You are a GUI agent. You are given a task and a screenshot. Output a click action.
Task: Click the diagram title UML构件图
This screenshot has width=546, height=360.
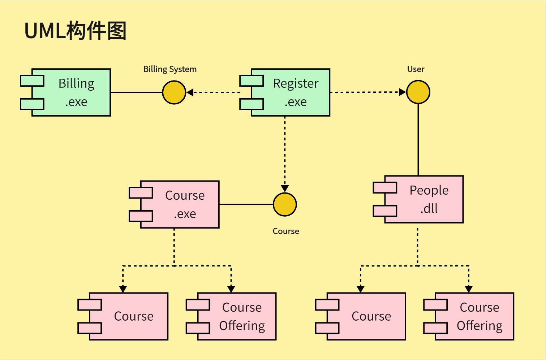(75, 31)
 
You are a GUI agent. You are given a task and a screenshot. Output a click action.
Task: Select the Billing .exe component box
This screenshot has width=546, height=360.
(71, 92)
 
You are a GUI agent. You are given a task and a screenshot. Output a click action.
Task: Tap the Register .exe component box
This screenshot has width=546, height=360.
(291, 92)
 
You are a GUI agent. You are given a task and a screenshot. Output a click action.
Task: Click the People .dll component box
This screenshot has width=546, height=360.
(424, 199)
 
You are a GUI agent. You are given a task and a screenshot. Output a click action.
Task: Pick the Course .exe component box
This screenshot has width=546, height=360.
(180, 204)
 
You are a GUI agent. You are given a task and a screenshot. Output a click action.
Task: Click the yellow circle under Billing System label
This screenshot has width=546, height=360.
(174, 92)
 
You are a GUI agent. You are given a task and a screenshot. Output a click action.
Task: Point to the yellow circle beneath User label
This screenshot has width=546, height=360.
(418, 92)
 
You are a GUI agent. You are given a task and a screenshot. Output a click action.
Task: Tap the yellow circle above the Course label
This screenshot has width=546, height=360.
(285, 204)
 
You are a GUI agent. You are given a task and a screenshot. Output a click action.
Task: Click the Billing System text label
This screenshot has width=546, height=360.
(170, 69)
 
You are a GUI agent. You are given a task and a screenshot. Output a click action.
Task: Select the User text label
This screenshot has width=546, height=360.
(416, 69)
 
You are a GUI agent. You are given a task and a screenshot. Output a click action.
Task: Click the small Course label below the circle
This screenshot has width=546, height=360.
(285, 231)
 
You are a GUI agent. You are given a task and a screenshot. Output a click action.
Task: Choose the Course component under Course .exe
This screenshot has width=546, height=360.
(128, 316)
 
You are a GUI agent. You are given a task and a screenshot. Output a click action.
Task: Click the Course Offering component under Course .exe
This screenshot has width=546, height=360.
(237, 316)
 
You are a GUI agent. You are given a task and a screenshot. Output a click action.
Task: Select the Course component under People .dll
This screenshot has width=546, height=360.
(366, 316)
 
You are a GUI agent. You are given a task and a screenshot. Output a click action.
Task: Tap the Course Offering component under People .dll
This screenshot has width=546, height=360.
(474, 316)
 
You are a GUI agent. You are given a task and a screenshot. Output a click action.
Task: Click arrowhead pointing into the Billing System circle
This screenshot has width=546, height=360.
(190, 92)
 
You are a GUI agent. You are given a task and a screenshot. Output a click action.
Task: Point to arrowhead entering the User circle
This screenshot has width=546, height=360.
(403, 92)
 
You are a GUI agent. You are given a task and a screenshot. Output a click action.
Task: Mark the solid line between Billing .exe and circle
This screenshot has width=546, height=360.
(136, 92)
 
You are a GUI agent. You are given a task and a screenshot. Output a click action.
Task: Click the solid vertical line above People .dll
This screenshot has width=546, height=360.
(418, 139)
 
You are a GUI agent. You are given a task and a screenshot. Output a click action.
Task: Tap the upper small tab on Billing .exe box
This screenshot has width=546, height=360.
(32, 81)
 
